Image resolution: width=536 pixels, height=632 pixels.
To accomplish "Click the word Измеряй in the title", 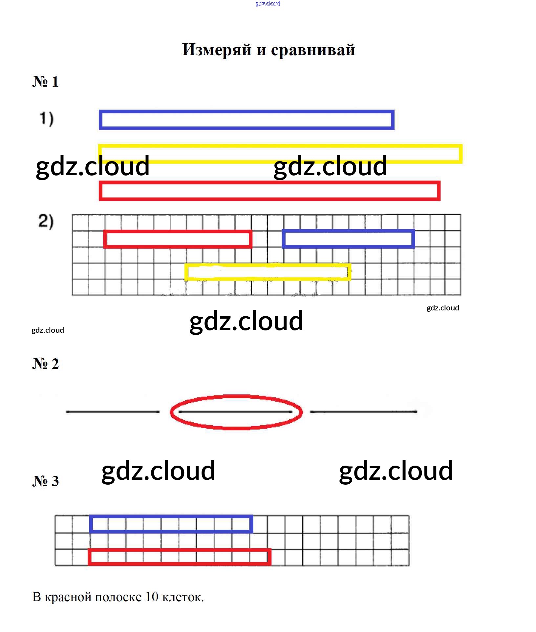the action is tap(217, 50).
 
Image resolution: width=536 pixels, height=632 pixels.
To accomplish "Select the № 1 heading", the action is tap(46, 81).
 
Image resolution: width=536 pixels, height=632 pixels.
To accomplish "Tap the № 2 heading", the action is tap(46, 364).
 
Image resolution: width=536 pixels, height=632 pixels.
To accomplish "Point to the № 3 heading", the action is tap(46, 481).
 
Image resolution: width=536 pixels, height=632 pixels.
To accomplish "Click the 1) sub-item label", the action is tap(47, 119).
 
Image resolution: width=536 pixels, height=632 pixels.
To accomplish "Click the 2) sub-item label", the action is tap(46, 221).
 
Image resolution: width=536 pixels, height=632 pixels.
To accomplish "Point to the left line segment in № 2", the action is tap(113, 411).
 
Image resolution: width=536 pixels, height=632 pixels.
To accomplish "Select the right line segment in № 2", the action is tap(364, 411).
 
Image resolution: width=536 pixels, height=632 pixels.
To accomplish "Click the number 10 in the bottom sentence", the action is tap(152, 597).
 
